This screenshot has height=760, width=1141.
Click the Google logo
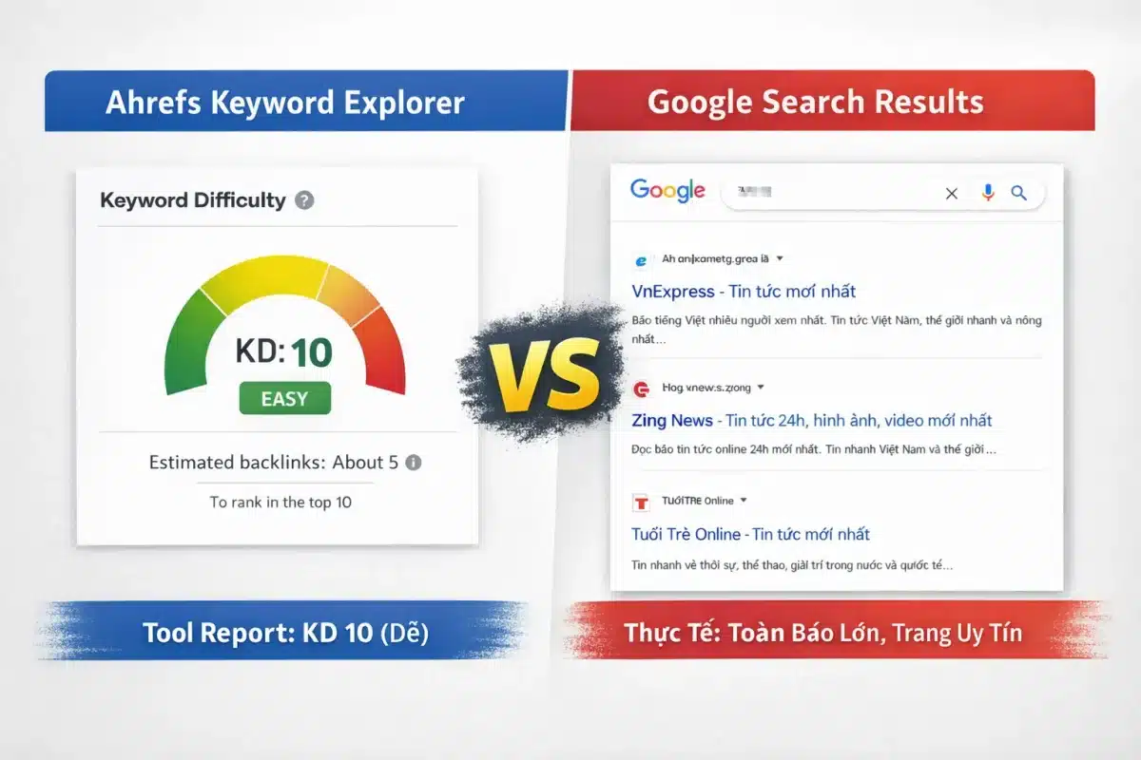click(x=667, y=190)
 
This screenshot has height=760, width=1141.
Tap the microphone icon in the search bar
click(x=988, y=193)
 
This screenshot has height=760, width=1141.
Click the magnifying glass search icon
click(x=1018, y=193)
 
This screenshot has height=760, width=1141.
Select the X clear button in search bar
click(x=951, y=194)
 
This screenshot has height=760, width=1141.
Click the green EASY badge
click(x=284, y=398)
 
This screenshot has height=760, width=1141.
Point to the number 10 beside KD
click(x=312, y=353)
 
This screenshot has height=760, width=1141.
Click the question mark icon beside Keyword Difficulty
click(x=304, y=200)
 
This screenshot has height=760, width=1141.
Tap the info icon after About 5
click(x=413, y=463)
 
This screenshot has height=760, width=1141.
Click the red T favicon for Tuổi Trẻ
click(x=641, y=501)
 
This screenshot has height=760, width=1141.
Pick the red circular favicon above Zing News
click(x=641, y=388)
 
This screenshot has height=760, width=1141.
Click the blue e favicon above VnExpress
click(x=641, y=258)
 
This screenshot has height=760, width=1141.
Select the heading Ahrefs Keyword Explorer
click(x=285, y=103)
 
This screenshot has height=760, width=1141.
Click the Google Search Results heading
click(x=815, y=103)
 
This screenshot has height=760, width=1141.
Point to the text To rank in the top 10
click(x=280, y=502)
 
